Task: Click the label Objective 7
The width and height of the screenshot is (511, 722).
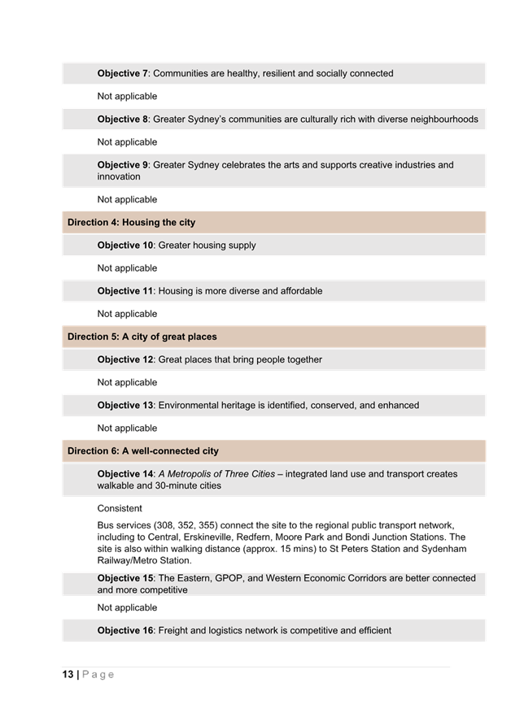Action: point(123,73)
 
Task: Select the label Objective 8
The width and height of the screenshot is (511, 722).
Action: point(123,119)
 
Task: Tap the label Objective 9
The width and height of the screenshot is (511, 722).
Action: point(123,164)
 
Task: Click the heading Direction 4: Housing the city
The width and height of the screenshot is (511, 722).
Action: point(131,222)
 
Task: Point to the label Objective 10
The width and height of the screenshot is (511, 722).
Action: point(125,245)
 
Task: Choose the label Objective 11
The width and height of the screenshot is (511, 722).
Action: point(125,290)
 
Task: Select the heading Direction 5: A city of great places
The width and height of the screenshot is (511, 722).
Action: point(142,337)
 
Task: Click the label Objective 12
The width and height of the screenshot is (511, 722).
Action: point(125,359)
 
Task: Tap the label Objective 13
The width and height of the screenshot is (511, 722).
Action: point(125,405)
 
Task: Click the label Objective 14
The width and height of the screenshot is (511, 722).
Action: point(125,473)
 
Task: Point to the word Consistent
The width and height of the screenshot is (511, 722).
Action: point(120,508)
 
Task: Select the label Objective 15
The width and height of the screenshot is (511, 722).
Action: point(125,578)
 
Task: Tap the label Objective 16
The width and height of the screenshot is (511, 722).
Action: point(125,630)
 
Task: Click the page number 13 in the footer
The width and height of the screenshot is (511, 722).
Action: point(68,675)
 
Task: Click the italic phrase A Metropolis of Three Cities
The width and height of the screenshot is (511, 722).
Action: point(216,473)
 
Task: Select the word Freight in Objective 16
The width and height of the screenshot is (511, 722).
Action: point(175,630)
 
